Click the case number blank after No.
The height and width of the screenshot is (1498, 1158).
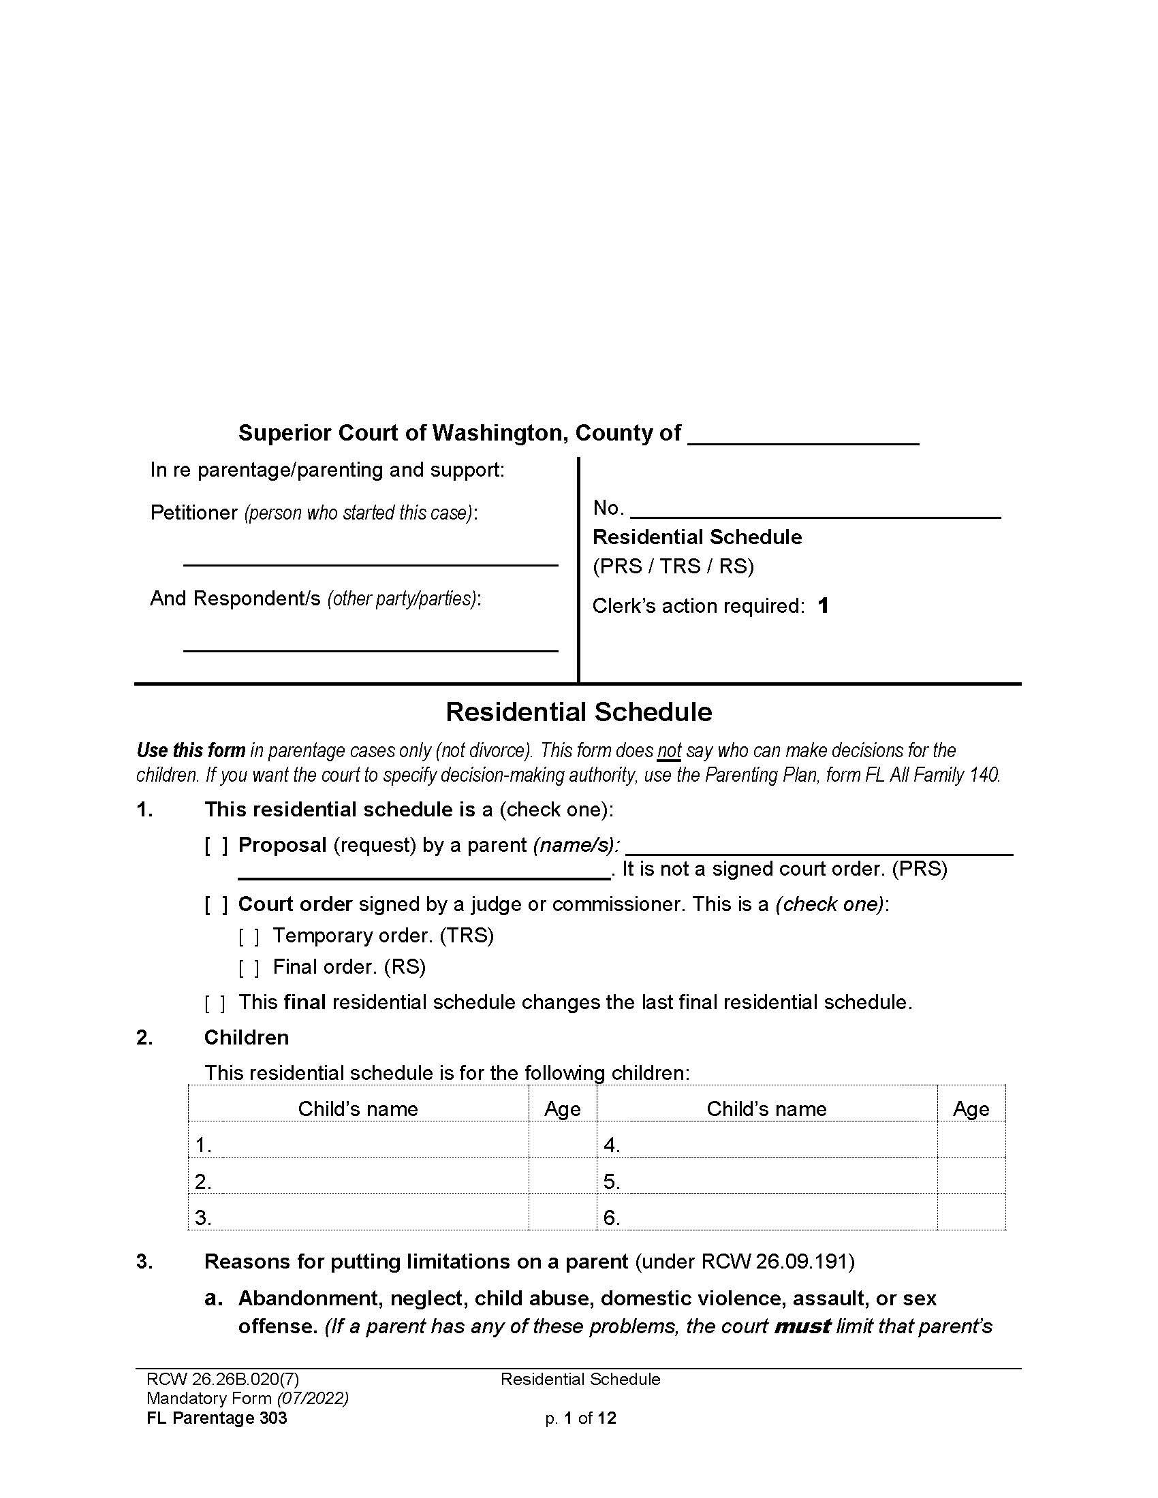(815, 509)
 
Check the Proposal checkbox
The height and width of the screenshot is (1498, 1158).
(216, 846)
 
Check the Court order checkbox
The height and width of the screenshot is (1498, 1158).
(216, 905)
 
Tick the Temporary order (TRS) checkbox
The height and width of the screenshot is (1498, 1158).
(249, 936)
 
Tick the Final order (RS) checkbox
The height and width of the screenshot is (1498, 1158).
(249, 968)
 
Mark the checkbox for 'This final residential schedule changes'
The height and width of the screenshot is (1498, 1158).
(215, 1004)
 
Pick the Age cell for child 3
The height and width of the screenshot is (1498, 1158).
(563, 1217)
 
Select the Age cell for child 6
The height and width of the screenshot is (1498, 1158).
(971, 1217)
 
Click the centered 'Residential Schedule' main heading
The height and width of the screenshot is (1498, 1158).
(578, 712)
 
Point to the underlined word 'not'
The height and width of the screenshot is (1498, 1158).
(669, 751)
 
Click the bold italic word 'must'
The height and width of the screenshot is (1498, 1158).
(802, 1326)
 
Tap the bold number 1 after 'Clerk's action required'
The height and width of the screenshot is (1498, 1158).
(824, 605)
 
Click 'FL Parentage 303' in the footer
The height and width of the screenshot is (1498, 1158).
(217, 1418)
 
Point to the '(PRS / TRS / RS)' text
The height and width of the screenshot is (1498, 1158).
(673, 567)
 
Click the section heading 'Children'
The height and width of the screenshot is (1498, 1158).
(247, 1038)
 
